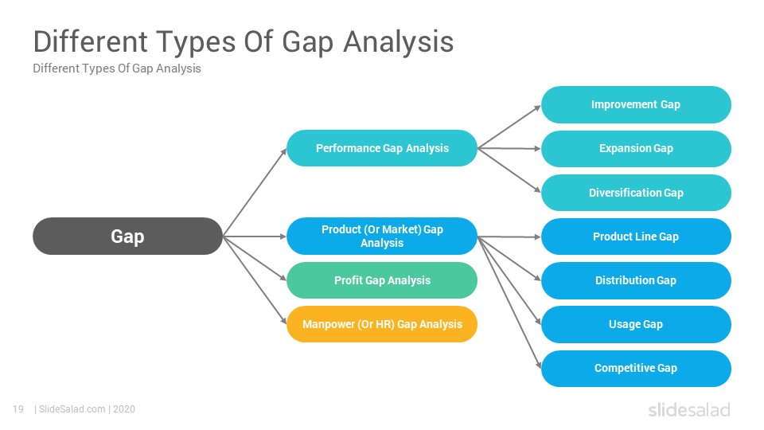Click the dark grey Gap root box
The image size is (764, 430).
coord(127,236)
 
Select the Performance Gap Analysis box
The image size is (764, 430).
coord(382,148)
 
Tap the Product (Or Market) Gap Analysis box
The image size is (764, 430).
coord(382,236)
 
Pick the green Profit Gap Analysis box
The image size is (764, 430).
coord(382,280)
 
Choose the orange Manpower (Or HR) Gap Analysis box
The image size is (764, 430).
coord(382,324)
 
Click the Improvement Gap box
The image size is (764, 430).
coord(636,104)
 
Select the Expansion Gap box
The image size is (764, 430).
coord(636,148)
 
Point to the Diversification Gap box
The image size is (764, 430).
coord(636,193)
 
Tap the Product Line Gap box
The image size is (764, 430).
coord(636,236)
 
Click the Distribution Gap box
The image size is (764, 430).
coord(636,280)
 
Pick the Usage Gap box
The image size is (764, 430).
coord(636,324)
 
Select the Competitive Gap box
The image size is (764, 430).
coord(636,369)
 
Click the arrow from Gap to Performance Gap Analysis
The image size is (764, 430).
coord(255,193)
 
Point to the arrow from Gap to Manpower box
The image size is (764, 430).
coord(255,280)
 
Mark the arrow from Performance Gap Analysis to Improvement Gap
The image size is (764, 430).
coord(509,127)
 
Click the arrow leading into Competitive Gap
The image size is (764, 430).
coord(509,303)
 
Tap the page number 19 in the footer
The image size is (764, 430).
coord(18,409)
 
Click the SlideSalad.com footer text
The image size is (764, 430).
coord(72,409)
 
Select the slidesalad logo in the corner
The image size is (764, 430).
coord(689,409)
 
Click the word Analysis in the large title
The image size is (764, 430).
coord(399,41)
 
